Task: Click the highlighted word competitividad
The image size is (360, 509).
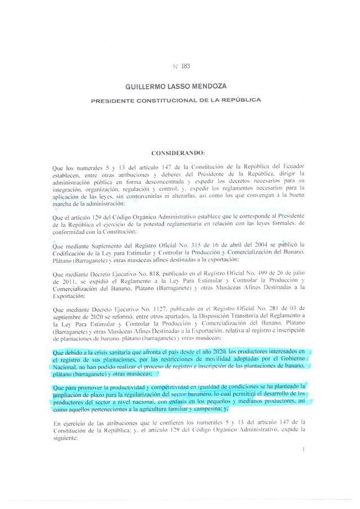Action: (172, 387)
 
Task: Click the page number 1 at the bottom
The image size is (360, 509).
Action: (303, 450)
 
